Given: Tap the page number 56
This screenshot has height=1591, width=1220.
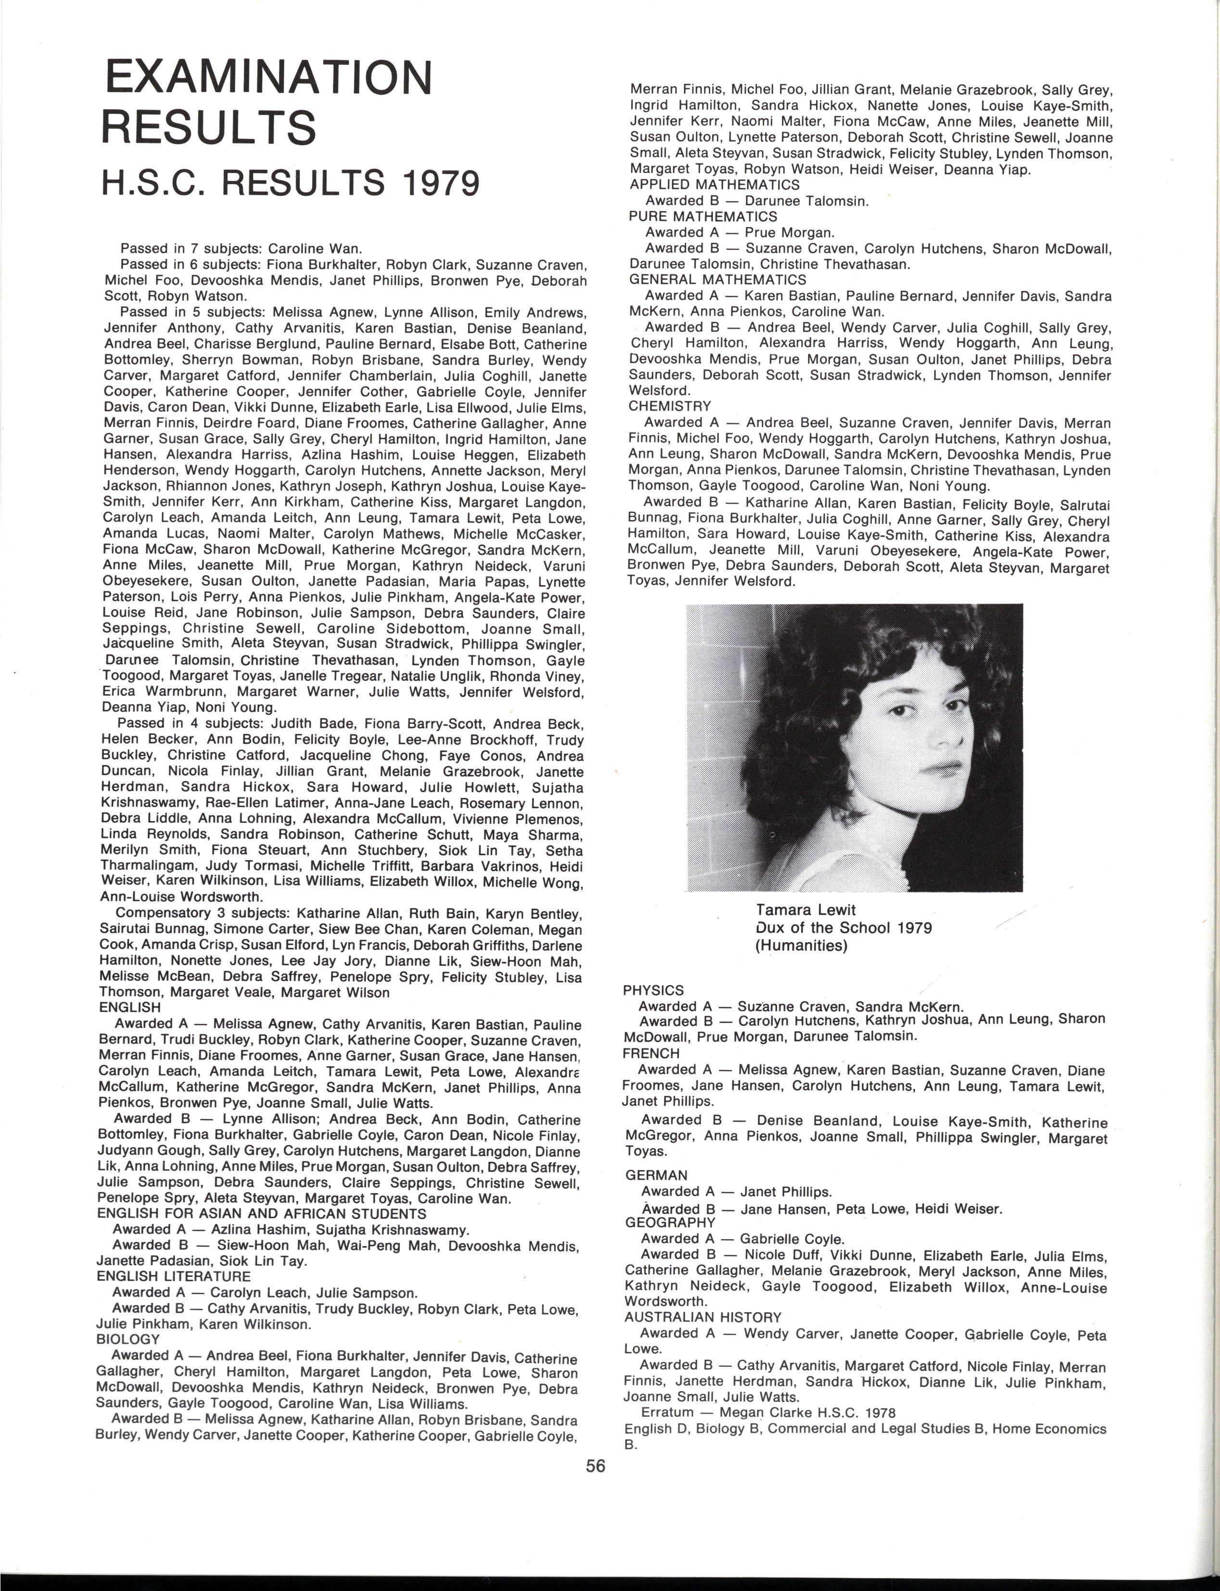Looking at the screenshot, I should click(595, 1465).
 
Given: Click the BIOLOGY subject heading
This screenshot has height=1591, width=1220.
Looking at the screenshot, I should click(128, 1338).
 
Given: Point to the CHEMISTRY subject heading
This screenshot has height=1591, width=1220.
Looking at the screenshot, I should click(669, 406).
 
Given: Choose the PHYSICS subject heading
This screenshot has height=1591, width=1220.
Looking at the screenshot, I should click(653, 990).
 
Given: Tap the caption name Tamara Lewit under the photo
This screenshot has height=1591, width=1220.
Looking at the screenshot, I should click(805, 910).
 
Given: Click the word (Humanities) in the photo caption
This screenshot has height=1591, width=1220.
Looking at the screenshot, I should click(801, 946).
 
